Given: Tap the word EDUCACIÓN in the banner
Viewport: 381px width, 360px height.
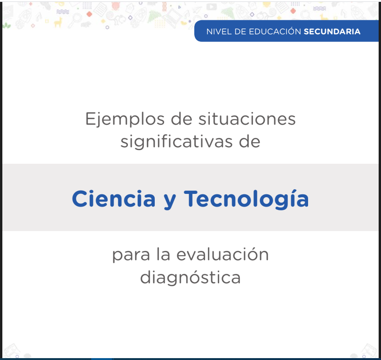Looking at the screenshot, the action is (x=275, y=31).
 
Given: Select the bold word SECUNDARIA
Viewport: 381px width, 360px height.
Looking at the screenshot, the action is (x=332, y=32).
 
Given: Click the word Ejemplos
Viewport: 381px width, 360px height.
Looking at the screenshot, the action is (x=125, y=120).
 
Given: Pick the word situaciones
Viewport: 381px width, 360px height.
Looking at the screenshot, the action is (x=247, y=119).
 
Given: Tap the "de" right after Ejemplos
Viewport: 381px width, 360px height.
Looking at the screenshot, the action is (x=182, y=119).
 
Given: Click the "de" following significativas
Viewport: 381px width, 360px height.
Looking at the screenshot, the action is (x=250, y=142).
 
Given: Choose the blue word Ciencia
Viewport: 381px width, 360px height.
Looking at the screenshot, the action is (x=114, y=199).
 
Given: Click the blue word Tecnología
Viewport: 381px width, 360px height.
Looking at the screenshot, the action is (x=246, y=200).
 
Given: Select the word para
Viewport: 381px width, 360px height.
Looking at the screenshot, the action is (x=131, y=255).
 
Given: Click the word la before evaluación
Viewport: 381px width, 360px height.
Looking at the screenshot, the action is (x=163, y=254).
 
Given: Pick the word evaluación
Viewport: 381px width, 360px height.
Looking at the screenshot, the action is (x=222, y=254).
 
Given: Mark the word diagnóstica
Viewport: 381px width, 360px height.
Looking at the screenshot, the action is (x=190, y=277).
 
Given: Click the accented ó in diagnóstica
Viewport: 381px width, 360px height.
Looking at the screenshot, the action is (x=194, y=277).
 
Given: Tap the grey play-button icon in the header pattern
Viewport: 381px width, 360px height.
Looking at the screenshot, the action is (x=211, y=7).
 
